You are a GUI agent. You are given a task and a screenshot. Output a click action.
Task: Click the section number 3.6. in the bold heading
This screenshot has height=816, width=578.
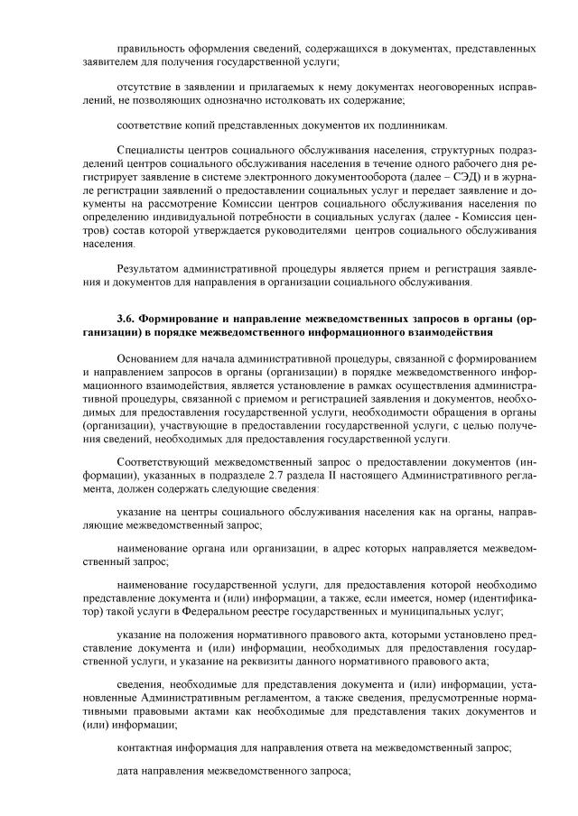click(x=127, y=319)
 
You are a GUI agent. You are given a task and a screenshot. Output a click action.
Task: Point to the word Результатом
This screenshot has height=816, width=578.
click(x=150, y=267)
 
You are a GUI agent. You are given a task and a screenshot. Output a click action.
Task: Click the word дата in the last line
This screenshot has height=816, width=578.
click(x=129, y=771)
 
